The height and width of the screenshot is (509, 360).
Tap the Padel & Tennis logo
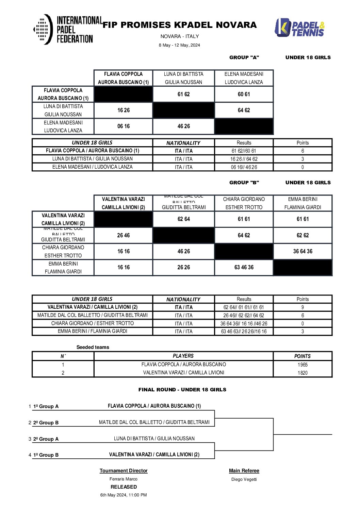coord(299,28)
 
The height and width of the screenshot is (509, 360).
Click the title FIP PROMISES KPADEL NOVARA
coord(179,25)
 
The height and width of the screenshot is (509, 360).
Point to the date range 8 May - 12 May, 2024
coord(179,45)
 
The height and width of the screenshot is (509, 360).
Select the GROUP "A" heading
coord(244,57)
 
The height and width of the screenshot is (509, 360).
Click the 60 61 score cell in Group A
coord(244,94)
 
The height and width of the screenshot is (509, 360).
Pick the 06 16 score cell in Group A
coord(124,126)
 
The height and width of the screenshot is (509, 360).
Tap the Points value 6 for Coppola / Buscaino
coord(302,151)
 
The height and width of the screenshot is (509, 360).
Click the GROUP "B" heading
coord(244,183)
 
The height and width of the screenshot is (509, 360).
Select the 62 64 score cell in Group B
coord(184,219)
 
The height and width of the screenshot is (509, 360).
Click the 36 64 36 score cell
coord(302,251)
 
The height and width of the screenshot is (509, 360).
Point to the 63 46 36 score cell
coord(244,267)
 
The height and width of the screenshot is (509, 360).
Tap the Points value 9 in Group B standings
coord(302,307)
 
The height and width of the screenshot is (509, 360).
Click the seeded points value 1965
coord(302,365)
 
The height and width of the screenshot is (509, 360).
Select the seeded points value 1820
coord(302,373)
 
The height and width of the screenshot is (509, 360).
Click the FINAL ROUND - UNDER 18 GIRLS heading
coord(182,390)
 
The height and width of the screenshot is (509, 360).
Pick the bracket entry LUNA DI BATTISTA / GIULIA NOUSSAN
coord(154,439)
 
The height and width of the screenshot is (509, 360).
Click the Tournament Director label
coord(124,471)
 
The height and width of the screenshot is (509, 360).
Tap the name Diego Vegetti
coord(244,479)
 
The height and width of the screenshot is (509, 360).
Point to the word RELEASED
coord(124,487)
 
